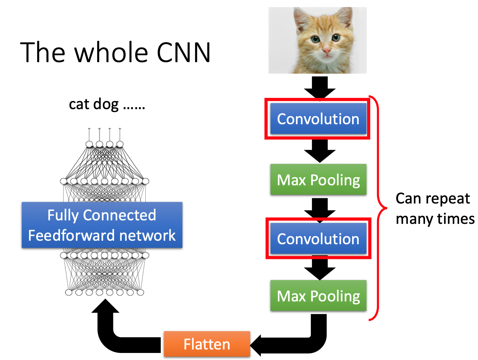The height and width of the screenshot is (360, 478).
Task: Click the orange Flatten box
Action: (207, 344)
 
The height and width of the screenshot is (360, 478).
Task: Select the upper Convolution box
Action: (318, 119)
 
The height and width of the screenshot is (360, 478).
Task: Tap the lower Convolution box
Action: (318, 239)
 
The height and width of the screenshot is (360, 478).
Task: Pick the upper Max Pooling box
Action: (318, 180)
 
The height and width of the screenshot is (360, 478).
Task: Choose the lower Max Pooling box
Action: (318, 296)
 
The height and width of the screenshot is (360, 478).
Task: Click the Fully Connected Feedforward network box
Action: (102, 225)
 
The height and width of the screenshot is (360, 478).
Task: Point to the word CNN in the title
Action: (183, 53)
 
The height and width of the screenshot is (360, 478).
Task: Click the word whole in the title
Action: (111, 53)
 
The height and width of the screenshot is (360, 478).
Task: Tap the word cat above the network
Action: (79, 104)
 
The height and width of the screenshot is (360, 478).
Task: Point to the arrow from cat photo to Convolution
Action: (320, 87)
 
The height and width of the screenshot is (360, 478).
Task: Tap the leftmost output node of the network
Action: (89, 144)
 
